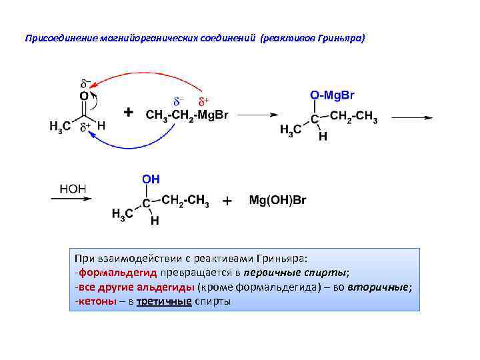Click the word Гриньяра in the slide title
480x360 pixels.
tap(340, 38)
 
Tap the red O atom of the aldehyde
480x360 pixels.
tap(83, 97)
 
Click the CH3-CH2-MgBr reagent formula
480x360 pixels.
tap(187, 115)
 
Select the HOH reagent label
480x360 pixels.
tap(73, 189)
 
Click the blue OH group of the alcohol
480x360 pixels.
tap(150, 179)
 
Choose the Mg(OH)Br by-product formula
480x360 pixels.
tap(277, 200)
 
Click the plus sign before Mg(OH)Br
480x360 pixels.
tap(227, 200)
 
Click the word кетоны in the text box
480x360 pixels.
tap(93, 301)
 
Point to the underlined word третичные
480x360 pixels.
tap(163, 301)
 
